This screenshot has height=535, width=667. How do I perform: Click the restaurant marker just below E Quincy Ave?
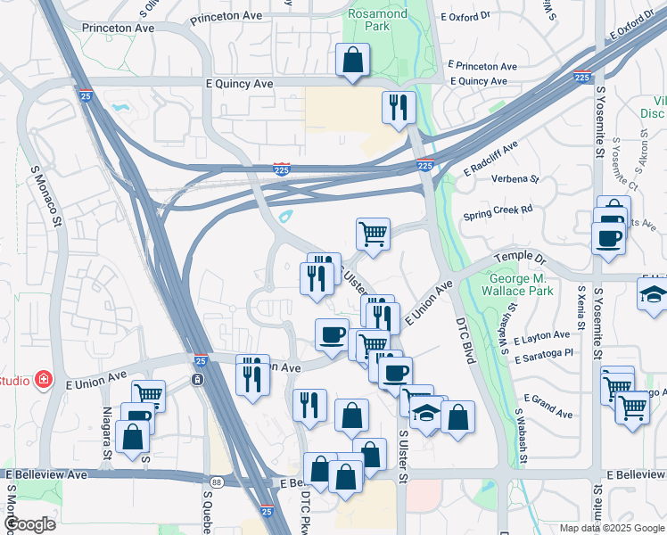pos(399,108)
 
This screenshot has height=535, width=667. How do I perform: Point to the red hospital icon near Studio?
pos(43,380)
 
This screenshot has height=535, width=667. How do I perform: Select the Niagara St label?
pos(108,432)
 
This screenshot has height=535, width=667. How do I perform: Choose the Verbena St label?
pos(516,178)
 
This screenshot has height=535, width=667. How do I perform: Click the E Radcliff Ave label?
pos(490,158)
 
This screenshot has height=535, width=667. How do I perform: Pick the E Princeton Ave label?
pos(482,66)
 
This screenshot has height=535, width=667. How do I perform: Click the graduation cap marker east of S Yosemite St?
pos(653,295)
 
